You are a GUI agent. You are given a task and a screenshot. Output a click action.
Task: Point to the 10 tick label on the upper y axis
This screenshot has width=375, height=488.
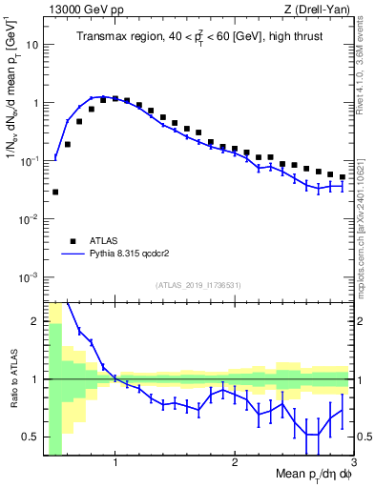[33, 45]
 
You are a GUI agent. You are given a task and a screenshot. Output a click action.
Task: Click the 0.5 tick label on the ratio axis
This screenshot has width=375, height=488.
[32, 437]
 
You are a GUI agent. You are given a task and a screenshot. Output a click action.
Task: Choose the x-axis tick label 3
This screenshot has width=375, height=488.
[353, 464]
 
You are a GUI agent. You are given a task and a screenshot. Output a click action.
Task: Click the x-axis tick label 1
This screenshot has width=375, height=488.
[115, 464]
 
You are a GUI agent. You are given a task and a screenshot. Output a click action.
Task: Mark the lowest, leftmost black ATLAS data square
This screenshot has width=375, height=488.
[55, 192]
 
